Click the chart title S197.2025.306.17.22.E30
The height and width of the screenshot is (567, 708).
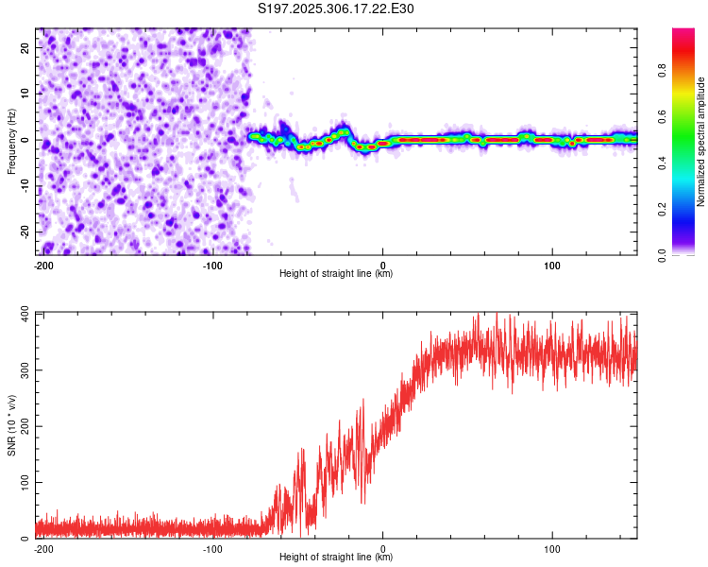click(x=337, y=9)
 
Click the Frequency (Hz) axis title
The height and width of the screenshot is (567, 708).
click(x=11, y=141)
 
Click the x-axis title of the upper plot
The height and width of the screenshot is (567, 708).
click(x=336, y=274)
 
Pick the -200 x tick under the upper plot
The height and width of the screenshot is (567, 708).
click(x=43, y=264)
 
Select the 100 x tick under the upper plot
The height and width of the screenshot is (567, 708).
click(x=552, y=264)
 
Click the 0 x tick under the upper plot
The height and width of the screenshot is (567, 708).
click(x=382, y=264)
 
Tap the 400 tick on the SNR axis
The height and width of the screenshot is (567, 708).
click(x=23, y=313)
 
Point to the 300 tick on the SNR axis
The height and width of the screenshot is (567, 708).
click(x=23, y=369)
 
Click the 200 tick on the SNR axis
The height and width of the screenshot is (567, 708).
click(x=23, y=426)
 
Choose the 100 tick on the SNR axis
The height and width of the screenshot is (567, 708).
click(x=23, y=482)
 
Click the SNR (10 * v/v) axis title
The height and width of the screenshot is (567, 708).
click(x=11, y=425)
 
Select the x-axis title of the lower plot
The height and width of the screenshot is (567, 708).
click(x=336, y=558)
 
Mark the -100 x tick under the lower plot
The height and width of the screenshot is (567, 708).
click(x=212, y=547)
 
